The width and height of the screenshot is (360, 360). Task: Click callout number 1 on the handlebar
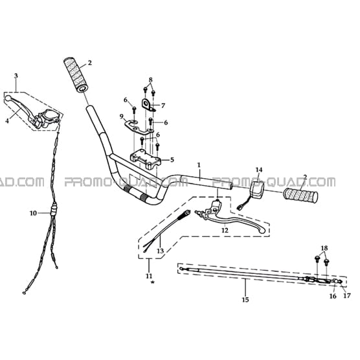(199, 165)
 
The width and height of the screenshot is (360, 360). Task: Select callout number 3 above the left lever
(16, 76)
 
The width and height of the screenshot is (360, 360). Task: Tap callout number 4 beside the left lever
(7, 121)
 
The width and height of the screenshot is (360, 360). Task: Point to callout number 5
(172, 159)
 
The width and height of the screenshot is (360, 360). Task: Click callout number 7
(163, 106)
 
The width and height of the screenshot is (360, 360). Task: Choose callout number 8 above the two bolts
(151, 80)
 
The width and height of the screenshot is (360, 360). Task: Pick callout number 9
(122, 117)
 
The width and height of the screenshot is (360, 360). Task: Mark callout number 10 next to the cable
(33, 213)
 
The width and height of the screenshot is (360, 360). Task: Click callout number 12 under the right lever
(225, 230)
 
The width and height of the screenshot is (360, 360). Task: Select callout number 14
(259, 170)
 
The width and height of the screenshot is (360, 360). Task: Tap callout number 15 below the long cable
(245, 300)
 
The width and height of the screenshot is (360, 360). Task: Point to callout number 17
(347, 296)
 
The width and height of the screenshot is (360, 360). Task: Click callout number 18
(324, 248)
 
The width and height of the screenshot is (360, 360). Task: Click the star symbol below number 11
(152, 282)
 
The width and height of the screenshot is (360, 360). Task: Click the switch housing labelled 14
(256, 190)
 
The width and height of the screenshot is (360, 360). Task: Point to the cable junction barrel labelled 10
(54, 208)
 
